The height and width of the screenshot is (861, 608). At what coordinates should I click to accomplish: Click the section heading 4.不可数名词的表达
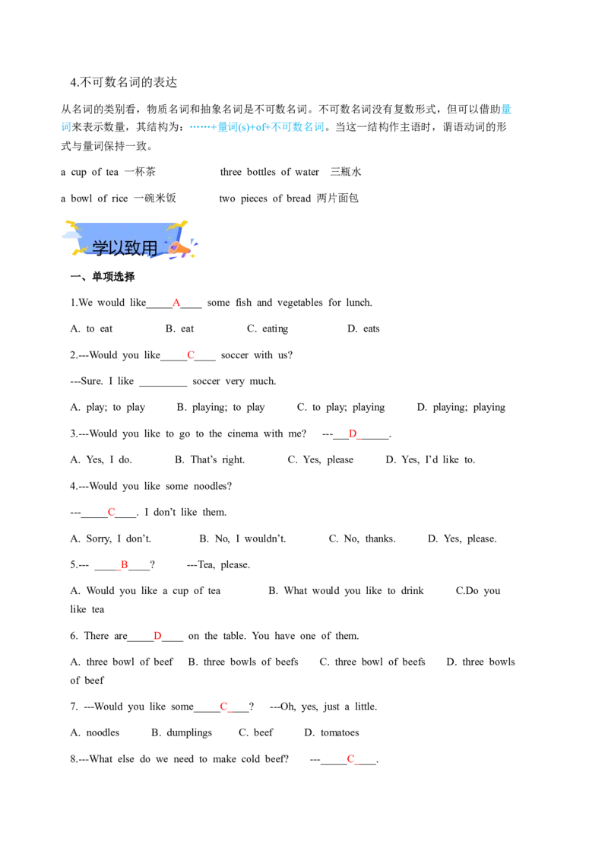123,82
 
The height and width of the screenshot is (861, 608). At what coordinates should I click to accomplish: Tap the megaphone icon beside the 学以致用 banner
179,248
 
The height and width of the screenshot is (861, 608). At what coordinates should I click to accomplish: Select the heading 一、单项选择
103,277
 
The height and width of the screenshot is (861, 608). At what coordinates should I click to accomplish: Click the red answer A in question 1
176,303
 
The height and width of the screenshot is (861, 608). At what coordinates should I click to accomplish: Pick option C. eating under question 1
268,329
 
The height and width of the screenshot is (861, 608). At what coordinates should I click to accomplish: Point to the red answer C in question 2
191,355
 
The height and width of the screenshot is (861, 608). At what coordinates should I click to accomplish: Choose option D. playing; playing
461,408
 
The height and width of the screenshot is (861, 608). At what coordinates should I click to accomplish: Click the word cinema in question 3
242,434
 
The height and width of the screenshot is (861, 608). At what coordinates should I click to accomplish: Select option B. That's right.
210,459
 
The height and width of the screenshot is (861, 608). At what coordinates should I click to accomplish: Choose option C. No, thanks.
363,539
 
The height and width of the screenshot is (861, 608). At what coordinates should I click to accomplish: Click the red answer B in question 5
125,564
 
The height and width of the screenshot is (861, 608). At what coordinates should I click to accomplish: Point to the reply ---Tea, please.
218,565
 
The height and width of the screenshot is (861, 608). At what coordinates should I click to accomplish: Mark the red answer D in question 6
157,636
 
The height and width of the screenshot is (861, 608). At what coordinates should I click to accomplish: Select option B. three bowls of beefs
243,662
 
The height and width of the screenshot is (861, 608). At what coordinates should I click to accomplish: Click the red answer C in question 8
350,759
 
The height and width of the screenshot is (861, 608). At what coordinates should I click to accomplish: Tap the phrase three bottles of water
270,172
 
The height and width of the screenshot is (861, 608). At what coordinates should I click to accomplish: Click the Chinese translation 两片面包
337,199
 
